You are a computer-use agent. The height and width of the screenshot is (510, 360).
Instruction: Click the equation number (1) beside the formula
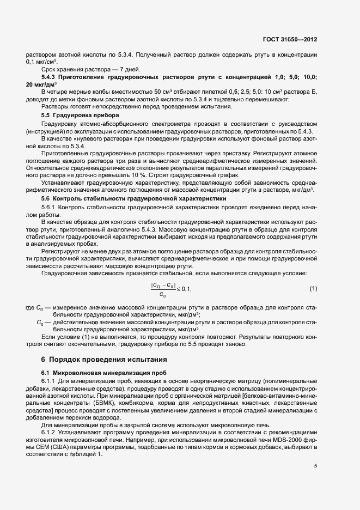tap(313, 288)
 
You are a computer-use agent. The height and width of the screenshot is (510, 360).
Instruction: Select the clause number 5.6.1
tap(50, 209)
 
